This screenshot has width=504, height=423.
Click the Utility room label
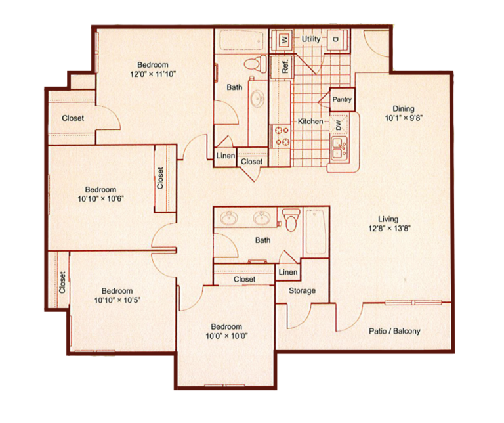[x=311, y=39]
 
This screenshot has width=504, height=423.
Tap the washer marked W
[x=284, y=39]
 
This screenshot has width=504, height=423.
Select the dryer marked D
[x=335, y=39]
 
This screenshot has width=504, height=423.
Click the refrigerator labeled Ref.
[x=285, y=66]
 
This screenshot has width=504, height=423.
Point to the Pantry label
[x=342, y=100]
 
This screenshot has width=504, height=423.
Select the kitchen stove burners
[x=281, y=136]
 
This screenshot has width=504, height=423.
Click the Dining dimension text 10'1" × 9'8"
[x=404, y=119]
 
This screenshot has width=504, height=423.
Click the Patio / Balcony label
[x=394, y=331]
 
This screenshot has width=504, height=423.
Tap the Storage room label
[x=302, y=290]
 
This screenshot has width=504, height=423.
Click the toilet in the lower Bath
[x=289, y=219]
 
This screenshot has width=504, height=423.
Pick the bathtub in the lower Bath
[x=316, y=231]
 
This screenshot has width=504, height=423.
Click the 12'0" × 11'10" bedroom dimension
[x=152, y=74]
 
